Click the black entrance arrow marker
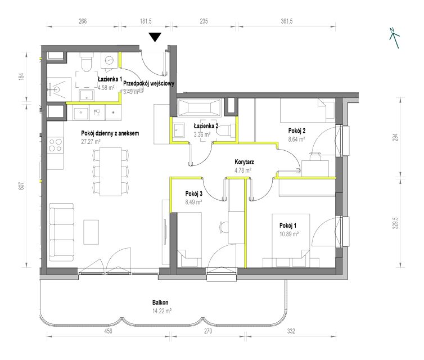coord(155,37)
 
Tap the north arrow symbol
coord(395,38)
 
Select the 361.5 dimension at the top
coord(287,21)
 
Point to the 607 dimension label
coord(22,186)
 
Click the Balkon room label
coord(160,303)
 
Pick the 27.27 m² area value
coord(91,141)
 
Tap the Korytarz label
coord(244,162)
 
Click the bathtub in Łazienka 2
coord(199,107)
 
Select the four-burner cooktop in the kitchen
coord(56,145)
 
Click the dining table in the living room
coord(110,172)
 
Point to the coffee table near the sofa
coord(91,232)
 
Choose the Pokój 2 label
coord(297,131)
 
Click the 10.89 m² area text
coord(289,234)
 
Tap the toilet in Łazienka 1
coord(87,62)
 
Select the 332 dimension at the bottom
coord(291,331)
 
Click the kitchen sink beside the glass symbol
coord(80,112)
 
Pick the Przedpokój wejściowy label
coord(148,83)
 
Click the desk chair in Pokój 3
coord(224,227)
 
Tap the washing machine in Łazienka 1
coord(109,60)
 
